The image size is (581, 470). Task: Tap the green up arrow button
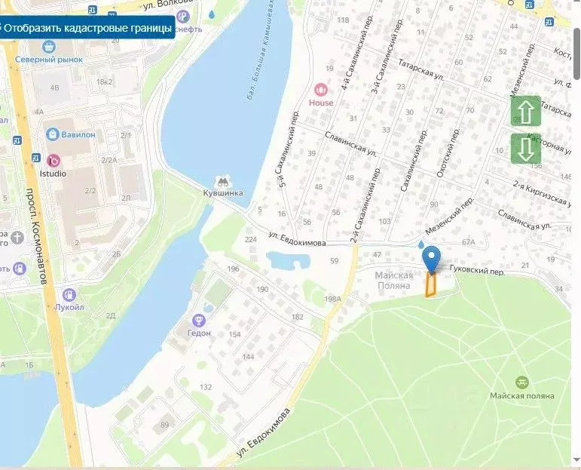(526, 111)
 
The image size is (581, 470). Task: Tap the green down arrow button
(526, 149)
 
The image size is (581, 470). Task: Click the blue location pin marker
(431, 259)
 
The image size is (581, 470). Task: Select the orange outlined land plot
(431, 285)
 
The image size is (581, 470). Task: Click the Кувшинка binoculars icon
(223, 181)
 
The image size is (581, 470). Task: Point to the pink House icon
(322, 89)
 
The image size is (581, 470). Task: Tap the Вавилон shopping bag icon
(52, 134)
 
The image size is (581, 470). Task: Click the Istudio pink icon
(53, 160)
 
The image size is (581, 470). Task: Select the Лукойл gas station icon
(69, 294)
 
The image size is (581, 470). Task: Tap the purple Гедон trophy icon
(200, 320)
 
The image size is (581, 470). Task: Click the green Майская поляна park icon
(521, 382)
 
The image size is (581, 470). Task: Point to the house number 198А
(333, 300)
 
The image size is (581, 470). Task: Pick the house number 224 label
(251, 240)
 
